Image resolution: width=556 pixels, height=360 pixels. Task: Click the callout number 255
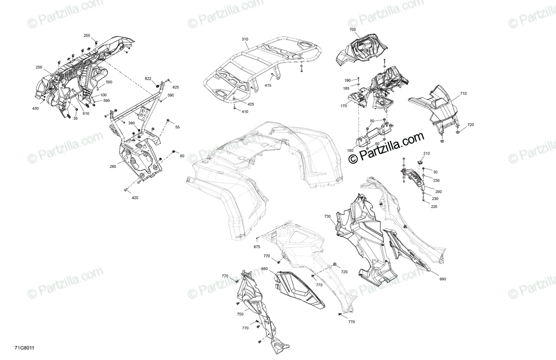coord(87,36)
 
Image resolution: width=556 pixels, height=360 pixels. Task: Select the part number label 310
coord(245,39)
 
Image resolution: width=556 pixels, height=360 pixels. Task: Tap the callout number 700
coord(353,30)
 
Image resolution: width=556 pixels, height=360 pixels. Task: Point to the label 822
coord(148,79)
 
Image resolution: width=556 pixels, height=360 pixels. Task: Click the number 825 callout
coord(176,87)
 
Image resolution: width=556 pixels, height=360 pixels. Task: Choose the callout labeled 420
coord(135,198)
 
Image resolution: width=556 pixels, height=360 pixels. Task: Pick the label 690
coord(443,279)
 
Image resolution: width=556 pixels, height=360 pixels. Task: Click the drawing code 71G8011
coord(24,348)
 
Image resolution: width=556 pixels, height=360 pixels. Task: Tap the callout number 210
coord(426,153)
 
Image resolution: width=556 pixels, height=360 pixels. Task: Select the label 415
coord(268,85)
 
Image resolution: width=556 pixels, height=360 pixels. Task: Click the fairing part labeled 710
coord(437,108)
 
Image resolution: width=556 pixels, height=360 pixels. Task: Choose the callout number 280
coord(113,167)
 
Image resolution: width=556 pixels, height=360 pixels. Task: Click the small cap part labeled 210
coord(420,162)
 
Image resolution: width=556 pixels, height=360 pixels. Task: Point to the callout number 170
coord(343,106)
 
